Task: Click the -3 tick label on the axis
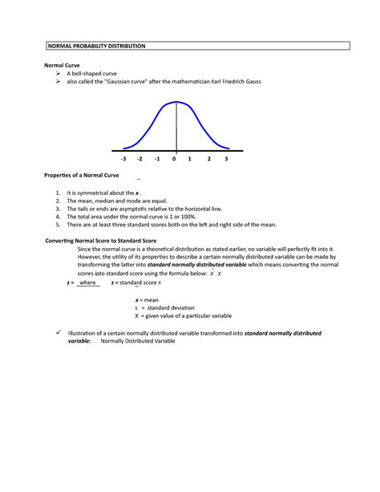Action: tap(123, 159)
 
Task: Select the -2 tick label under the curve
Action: tap(139, 159)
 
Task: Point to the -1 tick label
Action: tap(157, 159)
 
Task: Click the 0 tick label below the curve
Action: tap(173, 159)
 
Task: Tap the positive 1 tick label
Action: tap(190, 159)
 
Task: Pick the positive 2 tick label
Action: tap(208, 159)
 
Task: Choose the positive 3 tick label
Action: tap(226, 159)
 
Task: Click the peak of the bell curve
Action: tap(176, 101)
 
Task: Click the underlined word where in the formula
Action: tap(88, 283)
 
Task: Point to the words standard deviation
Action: tap(169, 307)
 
